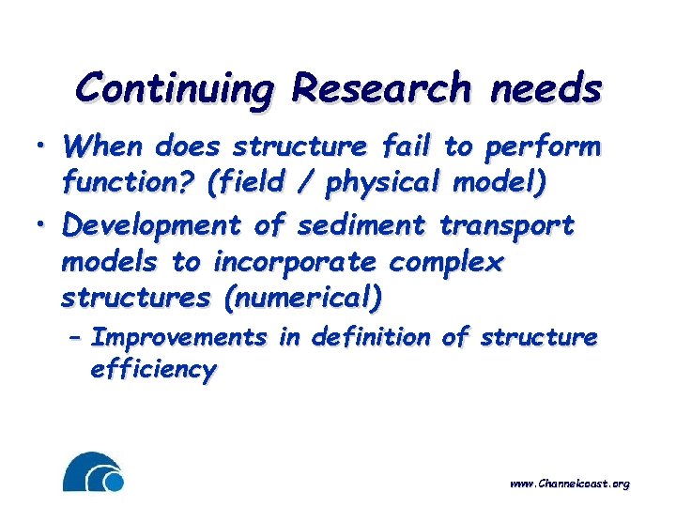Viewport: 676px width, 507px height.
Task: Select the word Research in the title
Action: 379,88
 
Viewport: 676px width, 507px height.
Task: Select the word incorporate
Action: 293,263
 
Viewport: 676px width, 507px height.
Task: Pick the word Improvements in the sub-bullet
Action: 177,338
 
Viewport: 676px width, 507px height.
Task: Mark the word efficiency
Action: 152,371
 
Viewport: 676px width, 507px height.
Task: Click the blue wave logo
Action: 93,472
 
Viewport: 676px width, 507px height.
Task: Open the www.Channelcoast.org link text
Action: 569,484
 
